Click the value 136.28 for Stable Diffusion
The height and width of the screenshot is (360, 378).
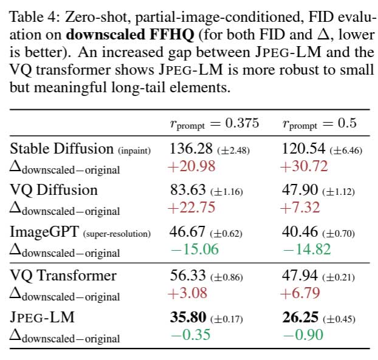[188, 148]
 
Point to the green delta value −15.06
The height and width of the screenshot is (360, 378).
[194, 250]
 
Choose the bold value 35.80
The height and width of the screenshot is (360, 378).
[188, 318]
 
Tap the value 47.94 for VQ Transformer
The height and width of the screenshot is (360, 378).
[302, 275]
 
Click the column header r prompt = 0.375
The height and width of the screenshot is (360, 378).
[214, 124]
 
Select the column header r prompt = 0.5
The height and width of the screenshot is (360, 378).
[319, 124]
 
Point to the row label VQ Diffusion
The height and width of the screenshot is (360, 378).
[53, 190]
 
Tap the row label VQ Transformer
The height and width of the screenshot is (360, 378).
[63, 275]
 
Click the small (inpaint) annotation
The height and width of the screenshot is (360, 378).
[134, 149]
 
